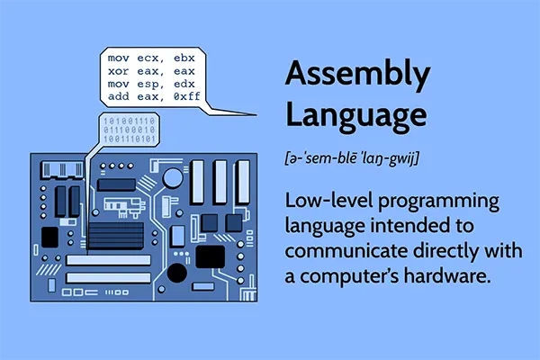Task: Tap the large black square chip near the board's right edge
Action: (x=211, y=257)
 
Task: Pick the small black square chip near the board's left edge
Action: (x=49, y=237)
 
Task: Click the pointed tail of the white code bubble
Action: (x=238, y=112)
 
